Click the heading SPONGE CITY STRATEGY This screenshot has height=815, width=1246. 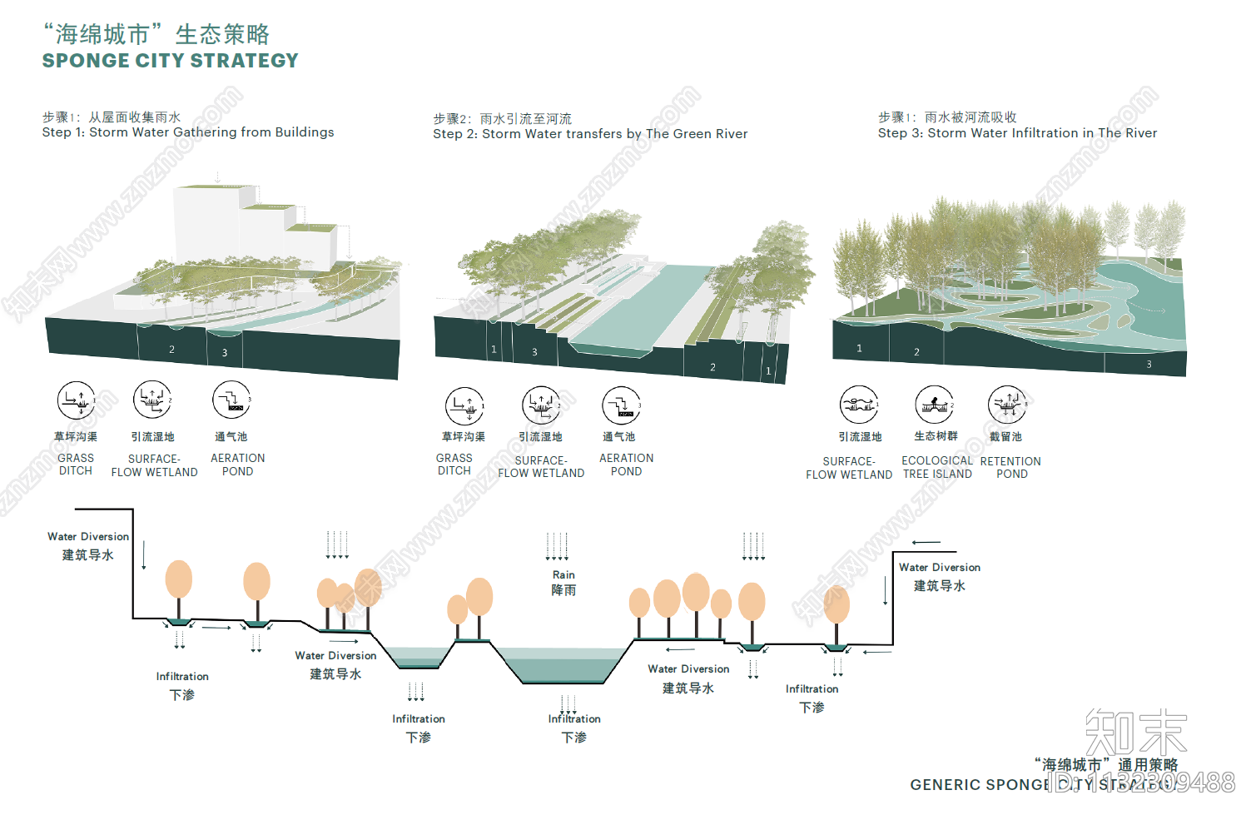pyautogui.click(x=170, y=61)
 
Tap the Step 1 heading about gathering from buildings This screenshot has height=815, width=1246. pyautogui.click(x=188, y=132)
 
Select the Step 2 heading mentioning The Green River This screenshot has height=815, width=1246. pyautogui.click(x=590, y=134)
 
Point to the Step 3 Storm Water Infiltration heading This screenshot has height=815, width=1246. pyautogui.click(x=1017, y=133)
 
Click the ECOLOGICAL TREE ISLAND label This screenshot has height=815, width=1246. pyautogui.click(x=937, y=467)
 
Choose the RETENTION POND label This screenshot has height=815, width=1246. pyautogui.click(x=1010, y=467)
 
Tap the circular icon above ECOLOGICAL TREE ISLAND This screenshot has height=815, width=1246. pyautogui.click(x=934, y=405)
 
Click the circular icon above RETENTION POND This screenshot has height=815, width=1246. pyautogui.click(x=1007, y=405)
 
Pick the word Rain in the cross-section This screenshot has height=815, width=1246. pyautogui.click(x=563, y=575)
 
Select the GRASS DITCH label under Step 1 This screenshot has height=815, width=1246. pyautogui.click(x=76, y=465)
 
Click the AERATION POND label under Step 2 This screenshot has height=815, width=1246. pyautogui.click(x=626, y=465)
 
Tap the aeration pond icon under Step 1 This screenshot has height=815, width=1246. pyautogui.click(x=231, y=400)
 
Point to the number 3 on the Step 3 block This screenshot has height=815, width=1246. pyautogui.click(x=1149, y=365)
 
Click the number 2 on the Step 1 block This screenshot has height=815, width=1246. pyautogui.click(x=172, y=350)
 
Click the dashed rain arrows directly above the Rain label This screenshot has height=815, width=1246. pyautogui.click(x=557, y=546)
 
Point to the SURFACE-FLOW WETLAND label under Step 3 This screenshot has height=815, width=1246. pyautogui.click(x=849, y=468)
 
